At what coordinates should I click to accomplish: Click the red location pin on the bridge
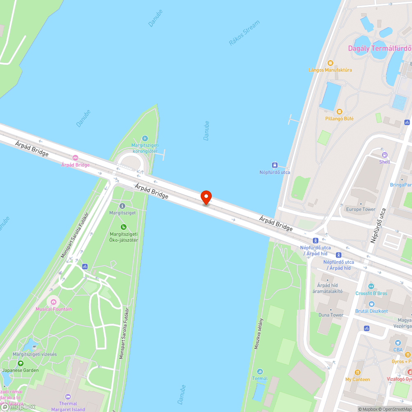206,197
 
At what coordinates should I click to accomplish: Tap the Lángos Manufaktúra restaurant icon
330,63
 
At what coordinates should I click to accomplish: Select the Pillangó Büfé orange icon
339,112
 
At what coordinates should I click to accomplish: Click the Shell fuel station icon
384,155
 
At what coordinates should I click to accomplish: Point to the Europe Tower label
360,209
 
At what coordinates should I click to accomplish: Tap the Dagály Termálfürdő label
379,48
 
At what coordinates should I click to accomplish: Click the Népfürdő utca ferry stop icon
274,165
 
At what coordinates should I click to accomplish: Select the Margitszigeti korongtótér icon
144,138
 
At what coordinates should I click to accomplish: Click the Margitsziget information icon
122,206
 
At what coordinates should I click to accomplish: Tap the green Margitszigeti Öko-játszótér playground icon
123,227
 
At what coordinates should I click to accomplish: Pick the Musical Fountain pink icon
53,302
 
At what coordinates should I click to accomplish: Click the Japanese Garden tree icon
20,363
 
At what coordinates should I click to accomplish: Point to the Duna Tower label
331,315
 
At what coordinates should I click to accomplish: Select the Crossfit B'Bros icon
371,286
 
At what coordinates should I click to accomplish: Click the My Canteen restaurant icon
357,372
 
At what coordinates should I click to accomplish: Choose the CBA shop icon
398,343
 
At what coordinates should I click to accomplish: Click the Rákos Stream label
244,33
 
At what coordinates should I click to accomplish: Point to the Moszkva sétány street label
259,334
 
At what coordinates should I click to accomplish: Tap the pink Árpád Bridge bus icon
75,158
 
